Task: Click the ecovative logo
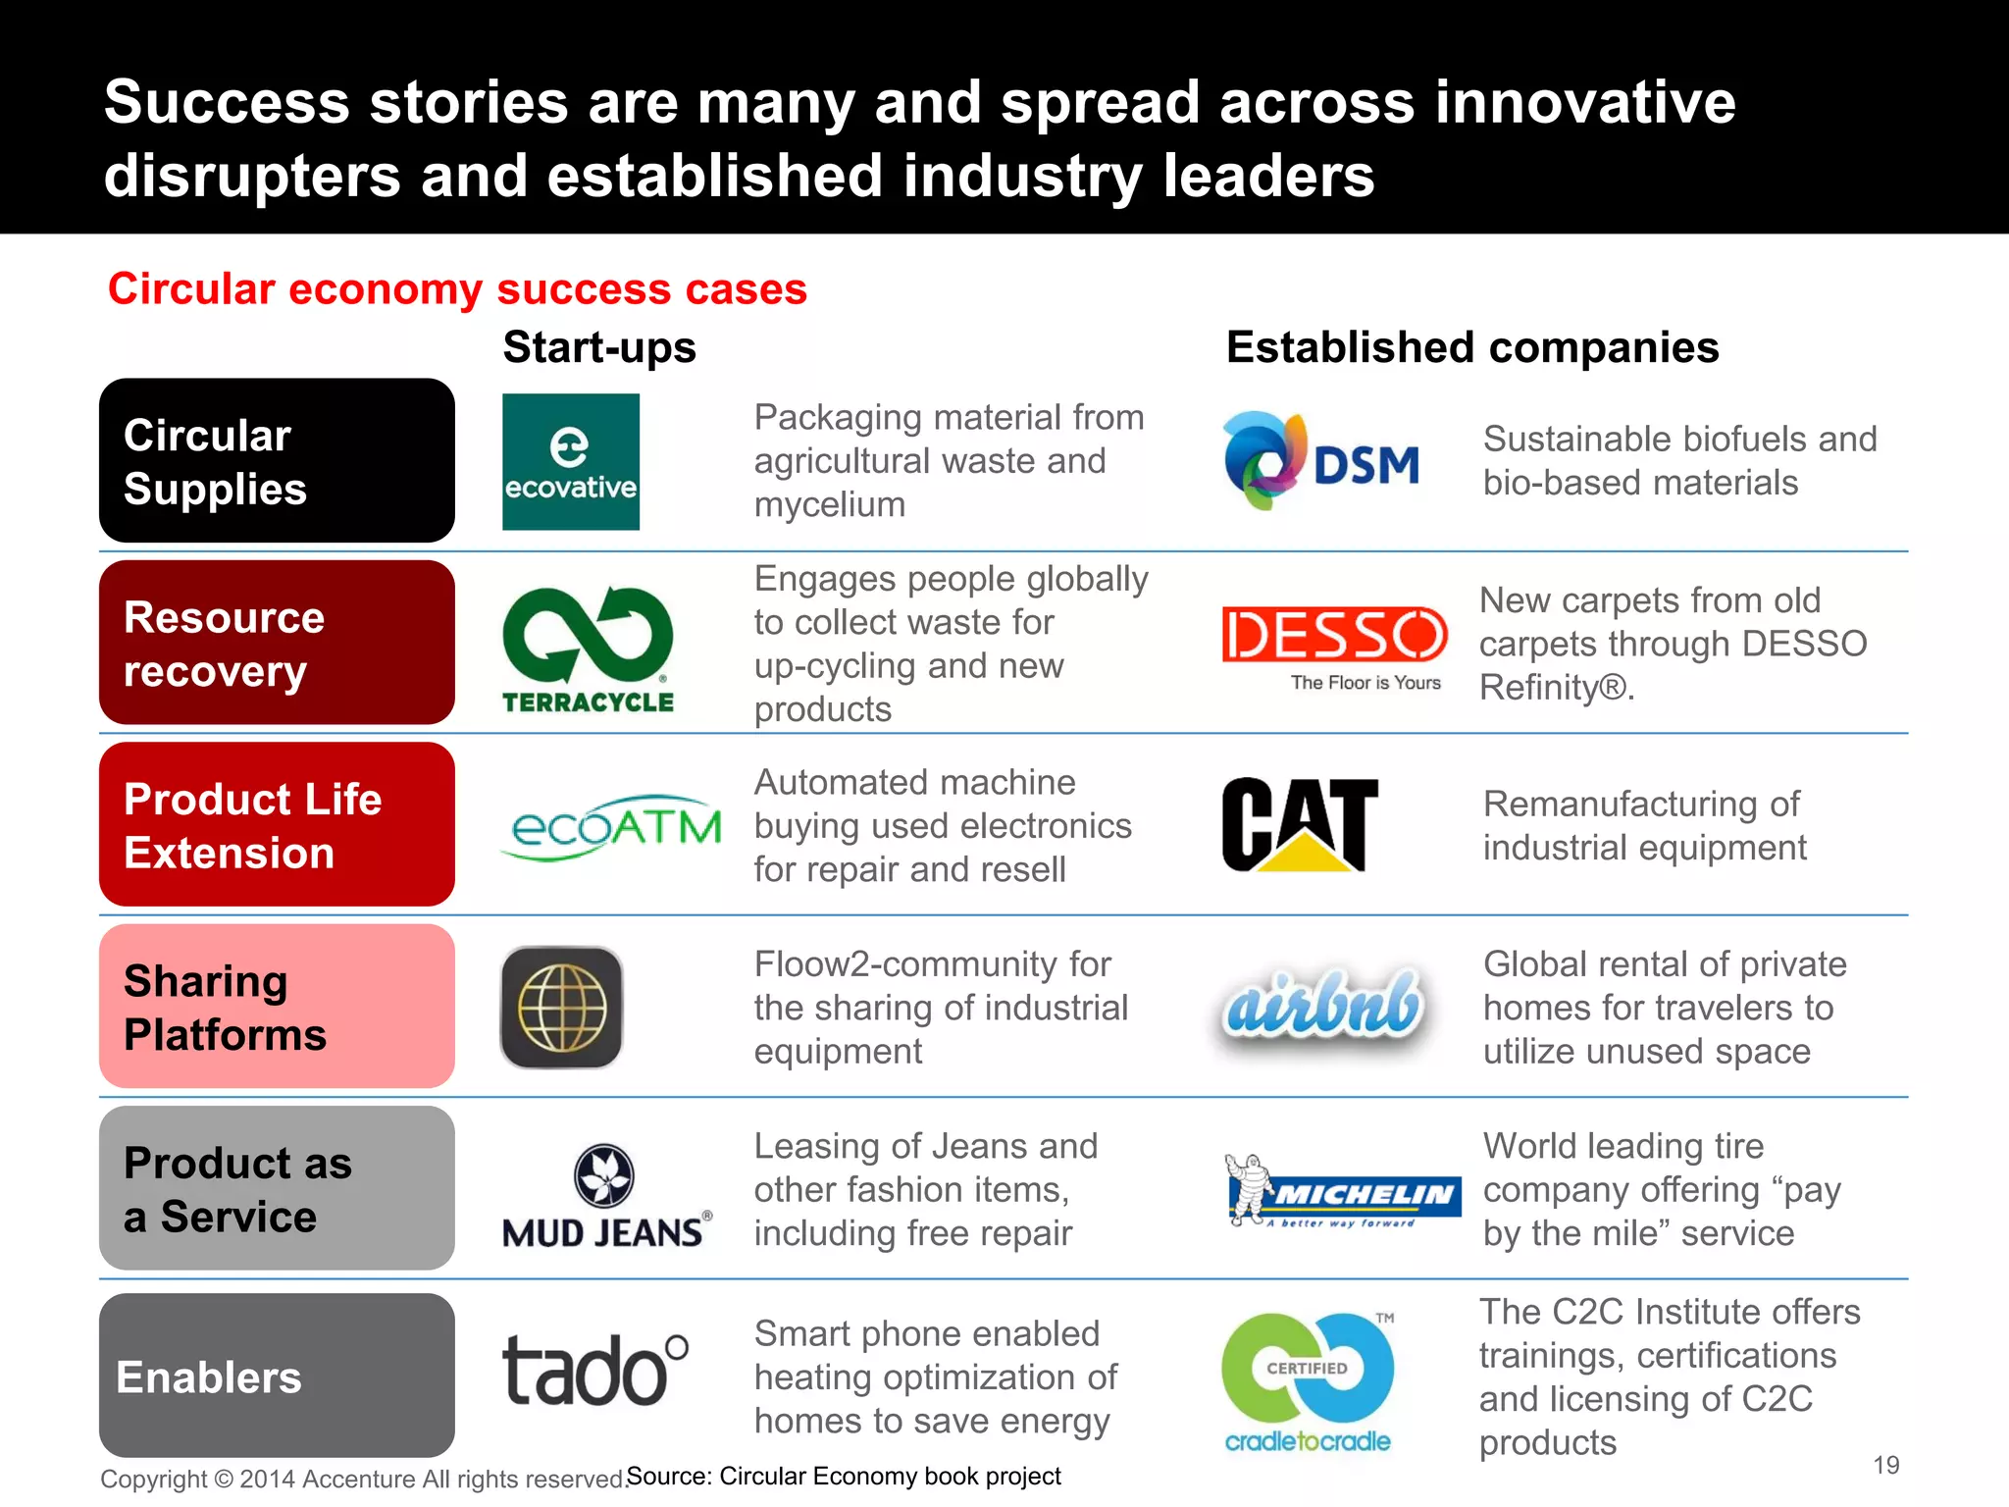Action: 570,462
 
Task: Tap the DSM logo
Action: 1320,462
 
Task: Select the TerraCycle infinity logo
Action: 588,649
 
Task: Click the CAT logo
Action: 1300,825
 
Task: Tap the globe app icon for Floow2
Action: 562,1008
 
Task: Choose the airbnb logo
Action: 1321,1007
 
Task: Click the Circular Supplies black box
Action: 277,461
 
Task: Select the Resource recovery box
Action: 277,643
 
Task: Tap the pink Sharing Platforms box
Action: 277,1007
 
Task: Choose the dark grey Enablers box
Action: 277,1376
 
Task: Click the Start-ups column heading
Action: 599,347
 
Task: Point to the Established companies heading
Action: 1471,347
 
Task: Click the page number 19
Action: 1885,1465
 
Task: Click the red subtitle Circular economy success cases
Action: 457,289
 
